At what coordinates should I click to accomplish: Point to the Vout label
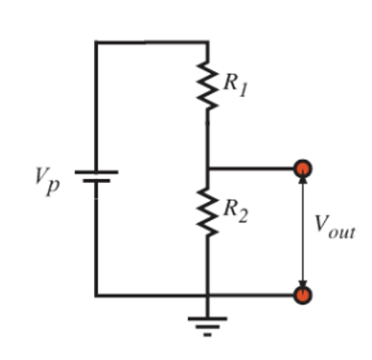pyautogui.click(x=334, y=226)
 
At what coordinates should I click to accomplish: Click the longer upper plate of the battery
pyautogui.click(x=96, y=172)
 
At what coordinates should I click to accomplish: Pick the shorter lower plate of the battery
pyautogui.click(x=96, y=182)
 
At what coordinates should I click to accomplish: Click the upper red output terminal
pyautogui.click(x=302, y=168)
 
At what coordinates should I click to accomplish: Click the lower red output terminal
pyautogui.click(x=302, y=295)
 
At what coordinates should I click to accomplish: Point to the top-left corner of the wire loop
pyautogui.click(x=96, y=42)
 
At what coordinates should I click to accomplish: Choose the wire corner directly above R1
pyautogui.click(x=207, y=42)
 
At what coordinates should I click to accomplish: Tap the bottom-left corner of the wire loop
pyautogui.click(x=96, y=295)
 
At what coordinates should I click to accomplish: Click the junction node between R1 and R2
pyautogui.click(x=207, y=168)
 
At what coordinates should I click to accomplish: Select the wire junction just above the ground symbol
pyautogui.click(x=207, y=295)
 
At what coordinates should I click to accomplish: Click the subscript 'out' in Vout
pyautogui.click(x=341, y=232)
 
